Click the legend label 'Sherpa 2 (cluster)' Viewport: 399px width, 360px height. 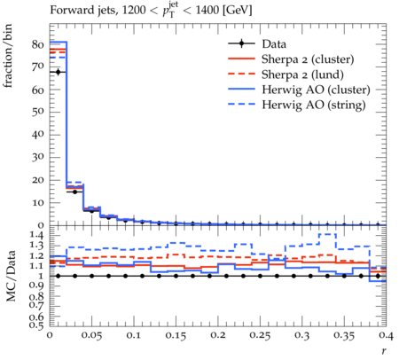pos(308,59)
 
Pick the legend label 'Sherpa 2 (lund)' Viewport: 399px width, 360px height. pos(302,74)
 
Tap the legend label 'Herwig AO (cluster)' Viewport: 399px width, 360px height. pos(316,90)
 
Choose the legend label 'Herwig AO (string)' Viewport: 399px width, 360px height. pos(314,105)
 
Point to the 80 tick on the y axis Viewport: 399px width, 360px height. pos(37,44)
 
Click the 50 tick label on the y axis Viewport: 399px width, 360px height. pos(37,113)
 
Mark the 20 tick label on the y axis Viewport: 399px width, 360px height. pos(37,180)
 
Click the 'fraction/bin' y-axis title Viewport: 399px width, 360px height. pos(8,56)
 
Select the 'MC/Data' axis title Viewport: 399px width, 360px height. pos(11,276)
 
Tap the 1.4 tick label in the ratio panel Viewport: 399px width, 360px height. pos(37,236)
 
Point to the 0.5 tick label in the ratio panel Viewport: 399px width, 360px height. pos(37,325)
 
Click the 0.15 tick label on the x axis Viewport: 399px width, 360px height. pos(176,336)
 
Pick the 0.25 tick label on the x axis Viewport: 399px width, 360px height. pos(260,336)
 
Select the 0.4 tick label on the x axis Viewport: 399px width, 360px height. pos(387,336)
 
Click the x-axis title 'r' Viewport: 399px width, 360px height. pos(384,351)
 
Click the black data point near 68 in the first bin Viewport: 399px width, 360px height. pos(58,72)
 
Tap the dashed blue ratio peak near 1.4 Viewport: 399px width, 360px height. pos(327,234)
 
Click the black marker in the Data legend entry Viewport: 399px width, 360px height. pos(241,44)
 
